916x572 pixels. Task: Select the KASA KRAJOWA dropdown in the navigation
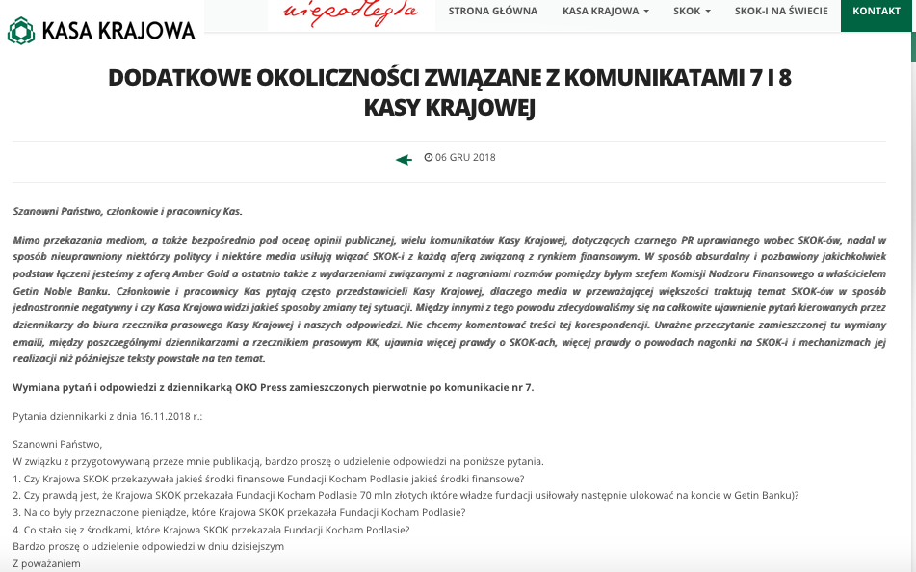(x=605, y=12)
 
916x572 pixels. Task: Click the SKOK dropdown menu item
(x=693, y=12)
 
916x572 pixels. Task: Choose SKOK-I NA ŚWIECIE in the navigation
(x=775, y=12)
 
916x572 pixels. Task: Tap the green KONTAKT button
(x=877, y=12)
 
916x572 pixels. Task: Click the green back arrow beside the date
(x=404, y=159)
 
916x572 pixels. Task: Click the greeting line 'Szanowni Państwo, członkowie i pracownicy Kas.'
(x=127, y=211)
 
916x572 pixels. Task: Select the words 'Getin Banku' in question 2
(x=766, y=495)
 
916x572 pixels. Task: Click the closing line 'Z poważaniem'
(x=46, y=563)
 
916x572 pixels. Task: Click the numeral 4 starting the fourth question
(x=16, y=530)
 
